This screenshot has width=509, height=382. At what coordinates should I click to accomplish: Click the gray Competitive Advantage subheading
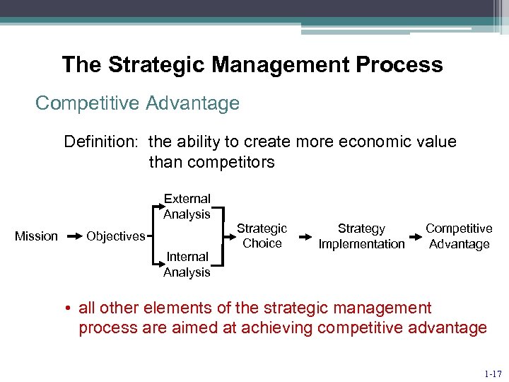pos(137,103)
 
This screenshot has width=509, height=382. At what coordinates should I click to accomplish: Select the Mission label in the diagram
pos(36,236)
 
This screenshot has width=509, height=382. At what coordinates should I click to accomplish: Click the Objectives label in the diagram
pos(115,236)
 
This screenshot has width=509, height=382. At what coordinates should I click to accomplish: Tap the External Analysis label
pos(187,207)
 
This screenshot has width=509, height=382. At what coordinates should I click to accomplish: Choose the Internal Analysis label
pos(187,265)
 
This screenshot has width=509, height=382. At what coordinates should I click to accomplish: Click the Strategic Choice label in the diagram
pos(262,236)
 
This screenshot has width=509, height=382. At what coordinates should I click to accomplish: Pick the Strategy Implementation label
pos(361,236)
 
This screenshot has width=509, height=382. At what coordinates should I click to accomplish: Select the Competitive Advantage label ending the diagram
pos(459,236)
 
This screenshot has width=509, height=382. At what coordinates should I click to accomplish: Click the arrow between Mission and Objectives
pos(72,236)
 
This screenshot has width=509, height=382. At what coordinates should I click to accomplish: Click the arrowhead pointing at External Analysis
pos(158,208)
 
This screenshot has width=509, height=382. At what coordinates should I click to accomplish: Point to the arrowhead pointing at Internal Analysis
pos(158,265)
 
